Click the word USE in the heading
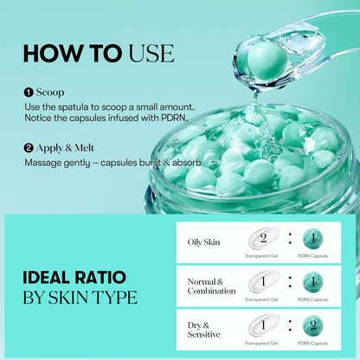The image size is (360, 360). pyautogui.click(x=152, y=53)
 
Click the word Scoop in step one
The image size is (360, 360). pyautogui.click(x=50, y=91)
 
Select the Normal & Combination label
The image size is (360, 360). pyautogui.click(x=211, y=286)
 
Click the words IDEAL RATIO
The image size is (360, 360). pyautogui.click(x=74, y=279)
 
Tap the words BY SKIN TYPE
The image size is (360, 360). pyautogui.click(x=80, y=298)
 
